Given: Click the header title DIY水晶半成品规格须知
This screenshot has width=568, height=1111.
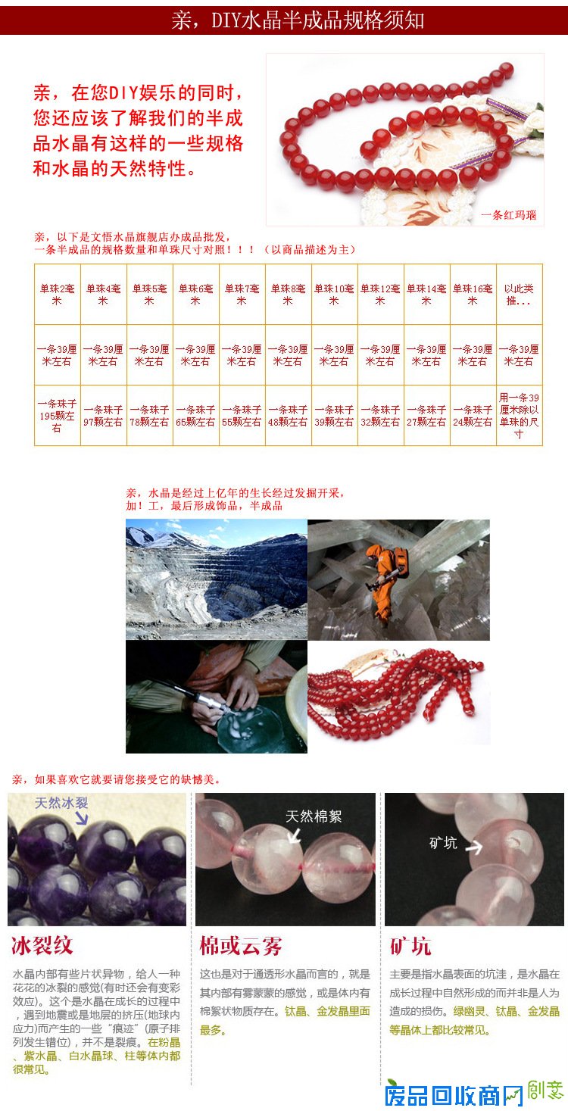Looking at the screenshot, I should [x=298, y=20].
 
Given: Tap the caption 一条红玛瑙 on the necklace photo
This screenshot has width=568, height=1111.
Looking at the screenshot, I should [x=508, y=215].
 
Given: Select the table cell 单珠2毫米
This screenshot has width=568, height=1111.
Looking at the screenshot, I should [x=58, y=294].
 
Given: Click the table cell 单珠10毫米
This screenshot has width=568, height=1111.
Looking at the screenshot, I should [x=334, y=294].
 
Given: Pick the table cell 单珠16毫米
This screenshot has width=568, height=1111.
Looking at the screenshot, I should [x=473, y=294].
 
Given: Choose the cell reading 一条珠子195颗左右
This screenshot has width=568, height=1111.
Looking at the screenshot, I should [x=58, y=416].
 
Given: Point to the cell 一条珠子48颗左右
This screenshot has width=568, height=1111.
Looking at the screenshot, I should [x=288, y=416].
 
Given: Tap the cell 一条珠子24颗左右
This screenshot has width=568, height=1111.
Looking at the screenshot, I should [x=473, y=416].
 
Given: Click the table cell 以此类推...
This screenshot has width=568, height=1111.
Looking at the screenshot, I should [x=519, y=294].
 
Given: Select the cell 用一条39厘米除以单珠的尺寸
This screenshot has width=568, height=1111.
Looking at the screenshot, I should [x=519, y=416].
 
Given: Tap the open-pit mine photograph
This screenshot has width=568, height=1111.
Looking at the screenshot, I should [x=217, y=579].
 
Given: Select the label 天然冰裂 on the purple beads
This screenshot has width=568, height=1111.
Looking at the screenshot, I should [x=61, y=803].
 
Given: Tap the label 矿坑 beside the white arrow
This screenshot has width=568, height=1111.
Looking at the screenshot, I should [x=443, y=843].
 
